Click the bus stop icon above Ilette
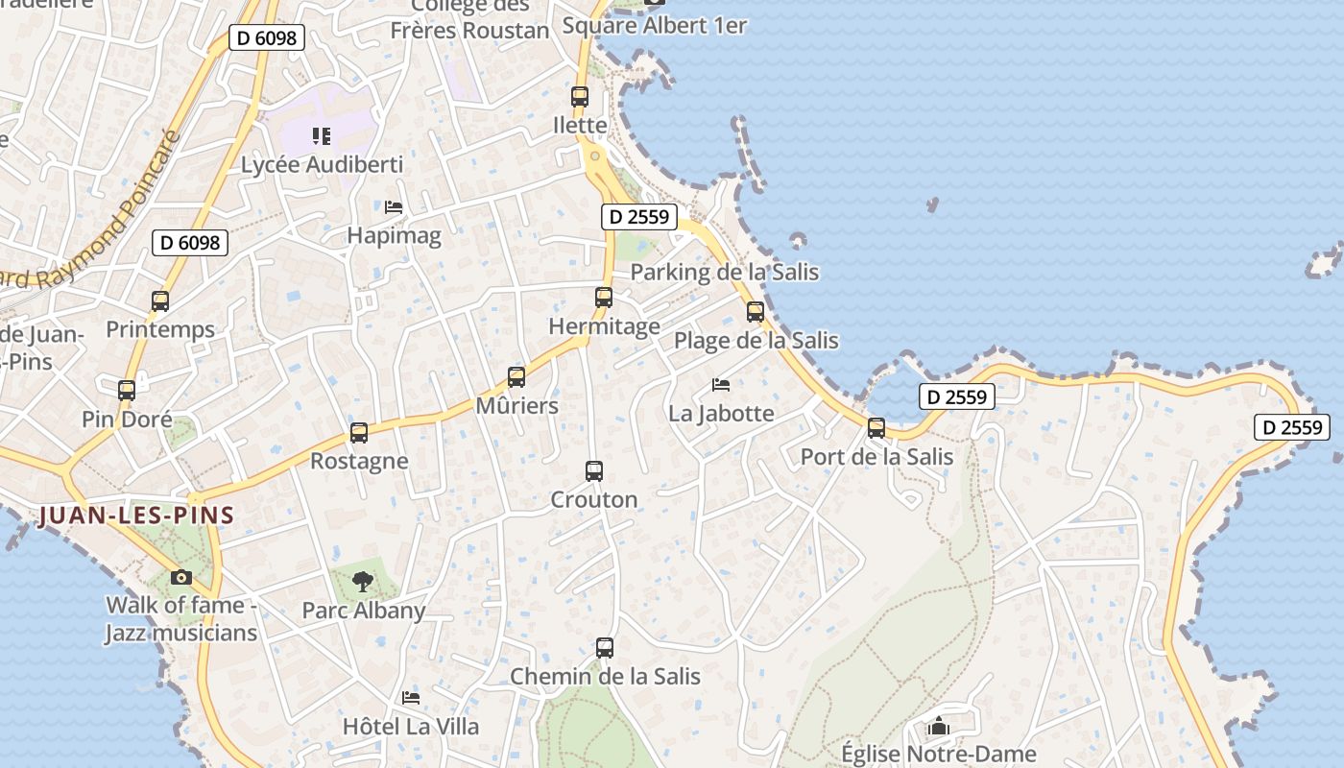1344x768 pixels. (579, 96)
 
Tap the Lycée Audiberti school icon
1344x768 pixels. (322, 136)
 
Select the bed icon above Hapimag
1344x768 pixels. (393, 206)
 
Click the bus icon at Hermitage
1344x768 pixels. (603, 298)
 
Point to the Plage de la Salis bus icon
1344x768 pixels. (756, 311)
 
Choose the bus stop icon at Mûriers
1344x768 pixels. (516, 377)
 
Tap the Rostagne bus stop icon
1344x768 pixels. (359, 433)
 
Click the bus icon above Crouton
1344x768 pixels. (594, 471)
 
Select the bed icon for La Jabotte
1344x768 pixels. (721, 385)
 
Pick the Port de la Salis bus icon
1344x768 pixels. (876, 428)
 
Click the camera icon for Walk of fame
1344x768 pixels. (180, 577)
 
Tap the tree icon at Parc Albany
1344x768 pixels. (363, 581)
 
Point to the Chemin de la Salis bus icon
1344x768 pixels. (604, 648)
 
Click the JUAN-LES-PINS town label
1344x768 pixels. (135, 516)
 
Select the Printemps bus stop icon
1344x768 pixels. (160, 301)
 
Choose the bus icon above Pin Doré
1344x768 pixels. (127, 391)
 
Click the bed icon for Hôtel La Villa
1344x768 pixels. (411, 697)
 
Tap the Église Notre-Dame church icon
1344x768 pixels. (939, 727)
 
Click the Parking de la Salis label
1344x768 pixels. (725, 272)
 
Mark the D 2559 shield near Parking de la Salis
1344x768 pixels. (639, 217)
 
